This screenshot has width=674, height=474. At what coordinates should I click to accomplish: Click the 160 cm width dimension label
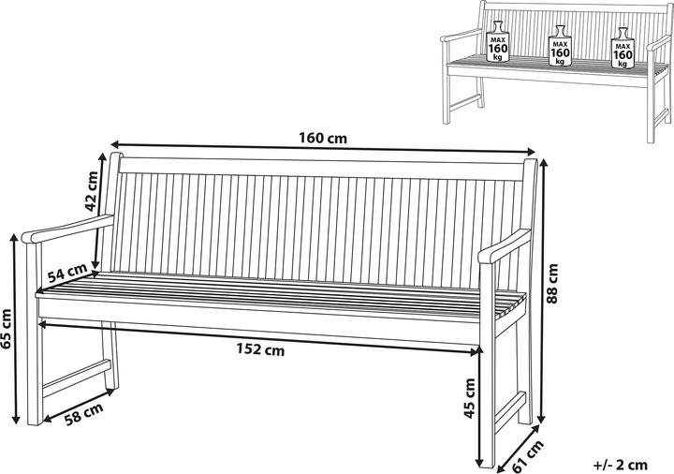(322, 138)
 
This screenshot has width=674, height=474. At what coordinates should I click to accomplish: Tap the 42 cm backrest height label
(91, 191)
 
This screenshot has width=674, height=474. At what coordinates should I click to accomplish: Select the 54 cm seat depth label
(67, 273)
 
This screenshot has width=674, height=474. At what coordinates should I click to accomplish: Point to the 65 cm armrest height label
(6, 330)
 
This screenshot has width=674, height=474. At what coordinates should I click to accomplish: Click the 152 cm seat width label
(260, 349)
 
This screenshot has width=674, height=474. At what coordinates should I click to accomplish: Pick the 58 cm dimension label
(84, 414)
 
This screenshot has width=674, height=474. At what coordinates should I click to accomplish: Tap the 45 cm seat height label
(469, 398)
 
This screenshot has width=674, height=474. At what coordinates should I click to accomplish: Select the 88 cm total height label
(551, 284)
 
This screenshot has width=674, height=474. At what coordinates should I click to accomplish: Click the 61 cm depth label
(528, 455)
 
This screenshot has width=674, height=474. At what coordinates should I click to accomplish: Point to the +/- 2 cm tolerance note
(621, 465)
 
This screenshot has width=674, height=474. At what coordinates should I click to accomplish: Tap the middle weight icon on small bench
(560, 46)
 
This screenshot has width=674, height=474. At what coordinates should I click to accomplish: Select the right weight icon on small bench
(623, 48)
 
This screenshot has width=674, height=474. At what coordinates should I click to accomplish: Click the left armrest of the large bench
(68, 229)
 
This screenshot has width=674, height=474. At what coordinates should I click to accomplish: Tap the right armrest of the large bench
(505, 246)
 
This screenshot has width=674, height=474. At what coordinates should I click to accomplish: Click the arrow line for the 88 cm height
(543, 291)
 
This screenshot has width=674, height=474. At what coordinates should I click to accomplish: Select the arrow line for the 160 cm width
(323, 147)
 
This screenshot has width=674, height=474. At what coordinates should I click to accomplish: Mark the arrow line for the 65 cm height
(16, 329)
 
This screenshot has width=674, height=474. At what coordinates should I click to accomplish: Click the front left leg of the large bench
(35, 334)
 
